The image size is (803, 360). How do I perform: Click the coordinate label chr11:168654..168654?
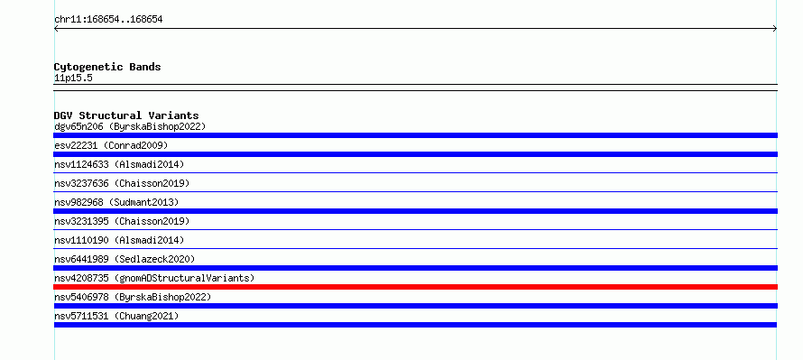click(x=108, y=20)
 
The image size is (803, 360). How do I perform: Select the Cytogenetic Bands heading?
click(x=107, y=67)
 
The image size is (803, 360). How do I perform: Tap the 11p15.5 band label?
click(x=73, y=78)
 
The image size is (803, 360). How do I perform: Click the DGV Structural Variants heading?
click(x=126, y=115)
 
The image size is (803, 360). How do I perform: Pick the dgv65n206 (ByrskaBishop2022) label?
click(x=130, y=126)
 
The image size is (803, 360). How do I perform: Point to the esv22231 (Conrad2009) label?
click(x=111, y=145)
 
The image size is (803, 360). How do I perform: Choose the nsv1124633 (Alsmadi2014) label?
click(x=119, y=164)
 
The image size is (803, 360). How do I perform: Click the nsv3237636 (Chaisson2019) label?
click(x=122, y=183)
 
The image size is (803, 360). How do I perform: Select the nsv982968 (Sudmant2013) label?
click(x=116, y=202)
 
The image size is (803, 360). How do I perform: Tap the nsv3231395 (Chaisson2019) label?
click(x=122, y=221)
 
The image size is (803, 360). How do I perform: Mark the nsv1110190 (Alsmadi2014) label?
click(x=119, y=240)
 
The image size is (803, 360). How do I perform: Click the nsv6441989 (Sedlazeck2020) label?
click(x=125, y=259)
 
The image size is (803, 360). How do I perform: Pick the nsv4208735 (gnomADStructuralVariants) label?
click(x=154, y=278)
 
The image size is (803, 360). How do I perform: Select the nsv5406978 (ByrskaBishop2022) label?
click(x=133, y=297)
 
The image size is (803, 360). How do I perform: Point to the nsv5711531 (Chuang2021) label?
click(x=116, y=316)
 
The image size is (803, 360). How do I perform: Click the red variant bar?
click(x=415, y=287)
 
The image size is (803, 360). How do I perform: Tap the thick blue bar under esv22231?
click(x=415, y=154)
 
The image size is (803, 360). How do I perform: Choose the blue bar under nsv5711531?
click(x=415, y=325)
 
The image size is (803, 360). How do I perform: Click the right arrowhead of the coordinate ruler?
click(x=776, y=29)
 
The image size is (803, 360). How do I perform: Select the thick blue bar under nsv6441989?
click(x=415, y=268)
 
